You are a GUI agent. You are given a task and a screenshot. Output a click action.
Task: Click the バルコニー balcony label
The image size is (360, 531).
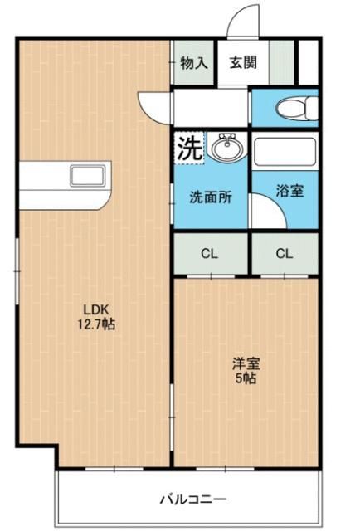click(192, 499)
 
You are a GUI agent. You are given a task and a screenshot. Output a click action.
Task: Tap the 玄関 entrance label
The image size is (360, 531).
click(243, 63)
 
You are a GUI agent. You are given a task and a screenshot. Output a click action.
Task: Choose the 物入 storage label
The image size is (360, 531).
click(194, 63)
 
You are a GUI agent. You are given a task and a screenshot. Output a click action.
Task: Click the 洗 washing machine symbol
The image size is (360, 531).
click(188, 149)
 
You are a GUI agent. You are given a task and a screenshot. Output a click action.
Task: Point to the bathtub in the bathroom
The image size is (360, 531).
click(285, 154)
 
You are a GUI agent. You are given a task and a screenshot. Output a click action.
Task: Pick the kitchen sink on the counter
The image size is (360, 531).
click(85, 177)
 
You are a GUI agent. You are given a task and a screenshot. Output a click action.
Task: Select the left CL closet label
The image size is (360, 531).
click(210, 254)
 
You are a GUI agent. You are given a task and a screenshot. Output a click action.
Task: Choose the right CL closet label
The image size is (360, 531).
click(284, 254)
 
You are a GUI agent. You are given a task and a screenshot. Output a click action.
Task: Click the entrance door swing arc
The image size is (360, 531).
click(241, 21)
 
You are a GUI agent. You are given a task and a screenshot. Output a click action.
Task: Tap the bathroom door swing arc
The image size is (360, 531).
click(265, 215)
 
